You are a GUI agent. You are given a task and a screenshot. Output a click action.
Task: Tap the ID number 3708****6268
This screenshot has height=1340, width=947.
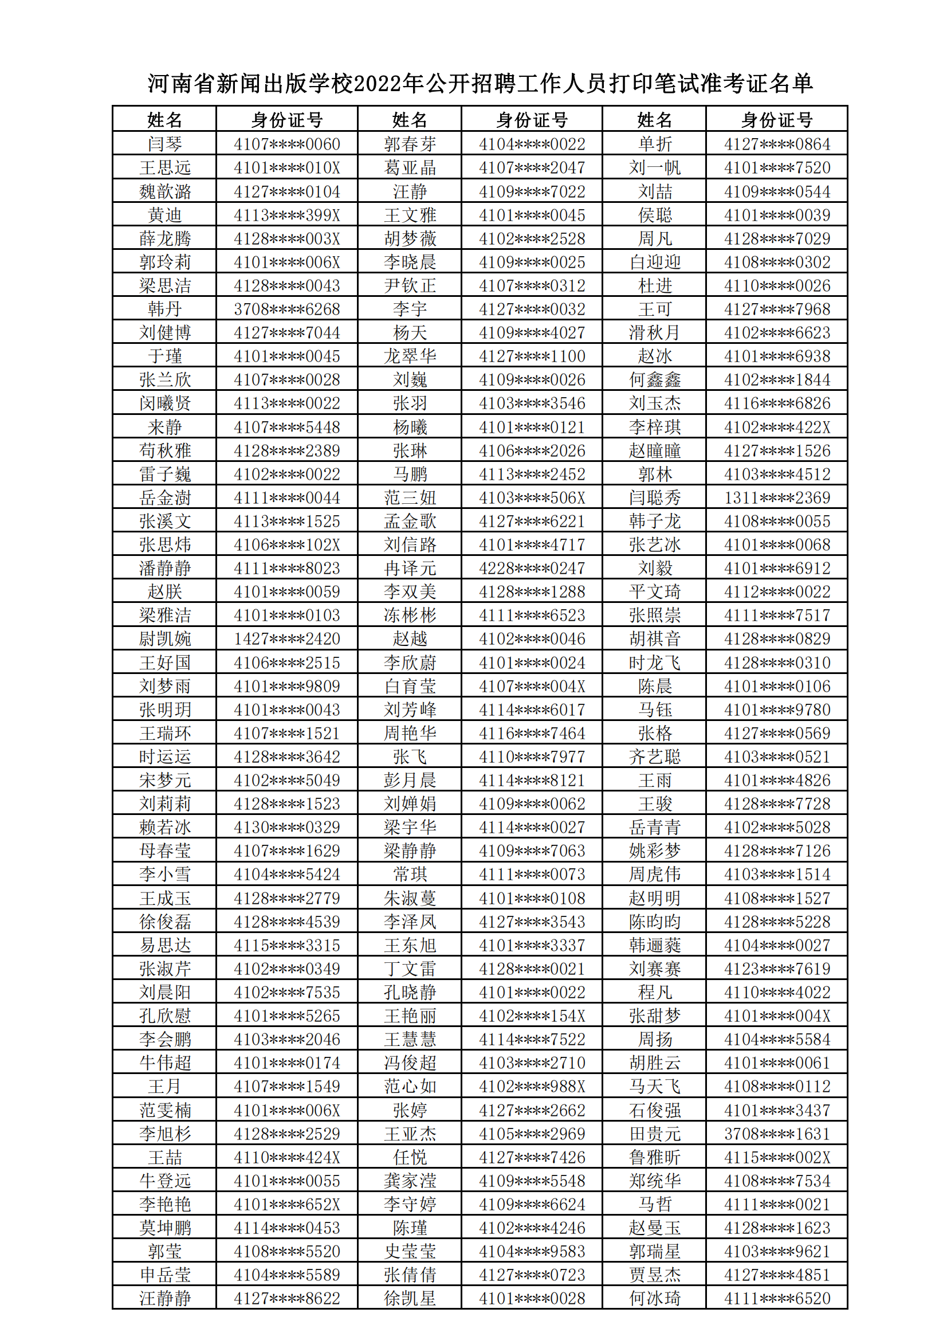[x=286, y=309]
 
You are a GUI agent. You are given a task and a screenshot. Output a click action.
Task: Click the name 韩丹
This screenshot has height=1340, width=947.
[x=164, y=309]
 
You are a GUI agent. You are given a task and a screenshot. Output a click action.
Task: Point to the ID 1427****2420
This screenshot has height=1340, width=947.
[x=286, y=639]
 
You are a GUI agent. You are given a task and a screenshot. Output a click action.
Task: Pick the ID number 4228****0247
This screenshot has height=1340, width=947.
[x=532, y=569]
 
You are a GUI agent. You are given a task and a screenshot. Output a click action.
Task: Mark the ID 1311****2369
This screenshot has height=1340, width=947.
[x=777, y=498]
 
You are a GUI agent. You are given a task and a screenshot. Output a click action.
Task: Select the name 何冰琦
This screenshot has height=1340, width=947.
[x=655, y=1299]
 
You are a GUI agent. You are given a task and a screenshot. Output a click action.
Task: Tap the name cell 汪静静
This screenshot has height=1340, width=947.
[x=164, y=1299]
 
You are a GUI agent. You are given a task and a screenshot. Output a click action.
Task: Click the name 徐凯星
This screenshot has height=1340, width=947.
[x=410, y=1299]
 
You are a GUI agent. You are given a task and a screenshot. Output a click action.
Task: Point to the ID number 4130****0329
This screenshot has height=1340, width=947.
[x=286, y=828]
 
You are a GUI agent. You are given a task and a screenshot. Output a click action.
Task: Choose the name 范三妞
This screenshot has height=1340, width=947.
[x=410, y=498]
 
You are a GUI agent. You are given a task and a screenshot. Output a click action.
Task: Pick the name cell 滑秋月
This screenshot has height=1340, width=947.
[x=655, y=332]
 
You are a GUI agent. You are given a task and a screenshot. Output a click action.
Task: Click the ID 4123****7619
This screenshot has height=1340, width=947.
[x=777, y=969]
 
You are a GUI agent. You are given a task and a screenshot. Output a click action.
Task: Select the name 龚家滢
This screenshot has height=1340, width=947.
[x=410, y=1181]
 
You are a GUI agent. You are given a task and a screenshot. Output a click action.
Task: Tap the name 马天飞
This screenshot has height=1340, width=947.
[x=655, y=1087]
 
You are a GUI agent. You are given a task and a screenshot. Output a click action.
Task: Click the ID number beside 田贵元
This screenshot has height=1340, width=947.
[x=777, y=1134]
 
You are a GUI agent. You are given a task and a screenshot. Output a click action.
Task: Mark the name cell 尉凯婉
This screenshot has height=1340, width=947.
[x=164, y=639]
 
